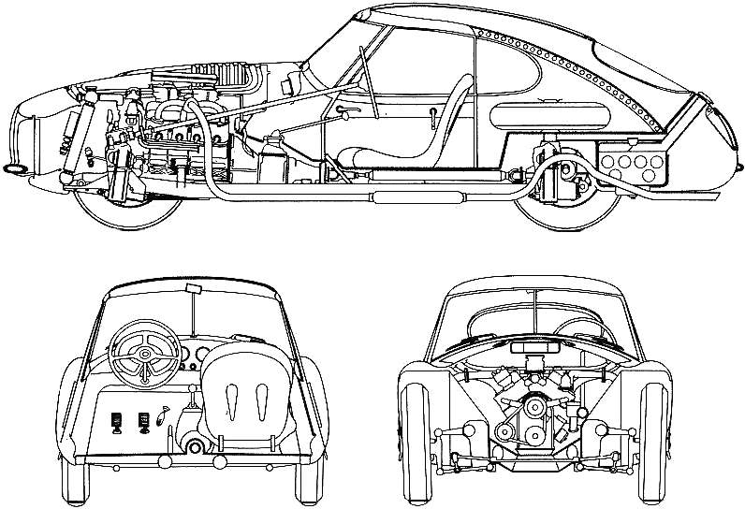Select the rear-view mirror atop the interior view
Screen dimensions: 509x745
coord(193,288)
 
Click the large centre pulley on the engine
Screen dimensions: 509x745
coord(536,411)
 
